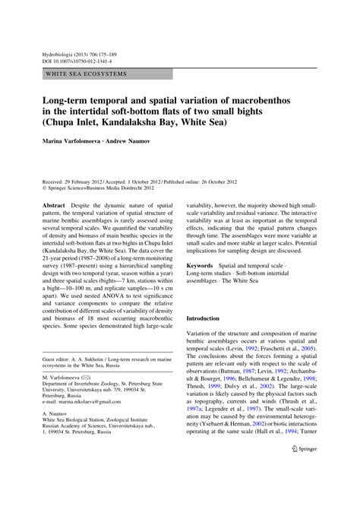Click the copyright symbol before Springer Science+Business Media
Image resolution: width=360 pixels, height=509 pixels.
46,190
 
